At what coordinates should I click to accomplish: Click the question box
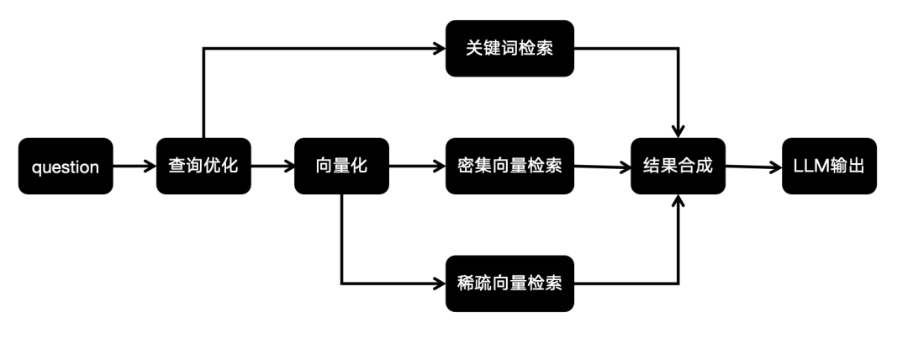coord(66,167)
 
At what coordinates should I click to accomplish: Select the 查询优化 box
coord(203,167)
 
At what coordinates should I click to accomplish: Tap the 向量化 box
coord(341,167)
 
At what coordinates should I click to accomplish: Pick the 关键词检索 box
coord(509,49)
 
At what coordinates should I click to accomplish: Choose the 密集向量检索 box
coord(509,167)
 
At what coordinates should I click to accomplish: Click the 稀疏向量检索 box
coord(509,283)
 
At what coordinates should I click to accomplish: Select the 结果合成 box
coord(678,167)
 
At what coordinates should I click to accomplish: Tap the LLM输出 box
coord(828,167)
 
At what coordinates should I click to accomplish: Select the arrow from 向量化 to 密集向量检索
coord(417,167)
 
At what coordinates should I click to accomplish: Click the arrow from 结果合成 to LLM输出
coord(752,167)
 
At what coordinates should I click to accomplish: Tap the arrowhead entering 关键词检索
coord(439,49)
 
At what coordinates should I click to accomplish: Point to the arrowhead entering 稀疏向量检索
coord(439,283)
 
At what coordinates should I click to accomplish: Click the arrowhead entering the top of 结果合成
coord(678,131)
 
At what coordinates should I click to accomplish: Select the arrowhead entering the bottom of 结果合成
coord(678,203)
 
